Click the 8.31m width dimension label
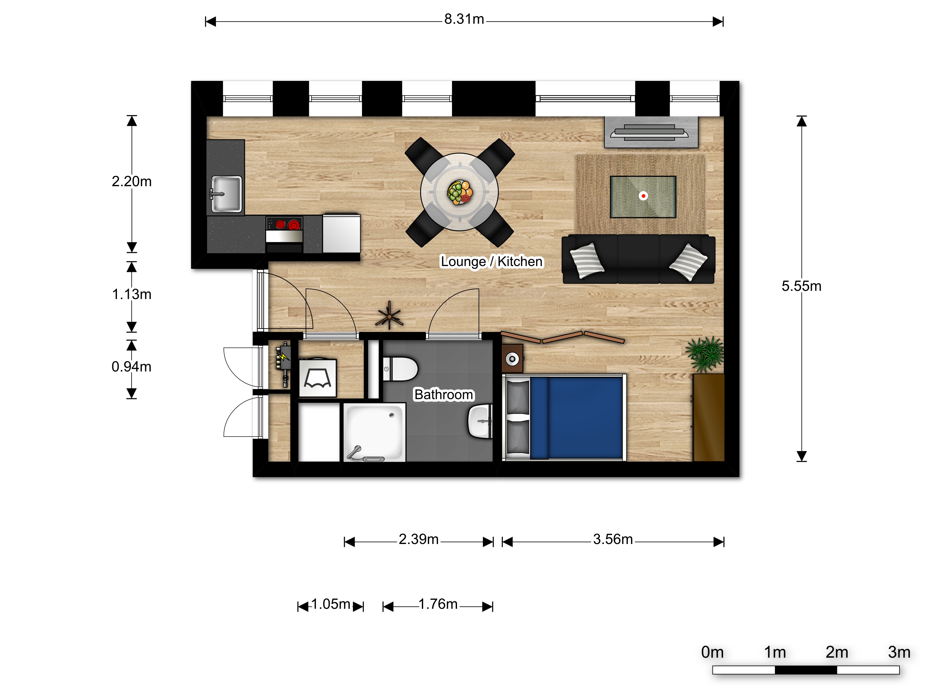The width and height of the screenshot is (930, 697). pyautogui.click(x=464, y=19)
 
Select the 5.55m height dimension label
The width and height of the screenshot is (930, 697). pyautogui.click(x=801, y=286)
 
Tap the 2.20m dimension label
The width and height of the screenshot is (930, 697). pyautogui.click(x=132, y=182)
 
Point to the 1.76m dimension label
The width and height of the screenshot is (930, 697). pyautogui.click(x=438, y=604)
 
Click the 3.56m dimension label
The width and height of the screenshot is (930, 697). pyautogui.click(x=612, y=539)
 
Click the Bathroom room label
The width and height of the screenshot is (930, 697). pyautogui.click(x=444, y=395)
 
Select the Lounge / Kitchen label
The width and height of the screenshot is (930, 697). pyautogui.click(x=492, y=261)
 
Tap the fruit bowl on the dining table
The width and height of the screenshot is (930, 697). pyautogui.click(x=460, y=193)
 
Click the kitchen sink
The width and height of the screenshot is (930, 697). pyautogui.click(x=226, y=194)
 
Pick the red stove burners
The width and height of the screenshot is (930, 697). pyautogui.click(x=288, y=225)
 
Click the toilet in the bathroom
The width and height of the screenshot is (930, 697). pyautogui.click(x=400, y=369)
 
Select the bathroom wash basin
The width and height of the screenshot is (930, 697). pyautogui.click(x=480, y=421)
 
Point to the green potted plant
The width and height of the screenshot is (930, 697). pyautogui.click(x=705, y=354)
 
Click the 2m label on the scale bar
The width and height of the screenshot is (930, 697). pyautogui.click(x=837, y=653)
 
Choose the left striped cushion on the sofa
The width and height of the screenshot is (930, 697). pyautogui.click(x=587, y=261)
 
